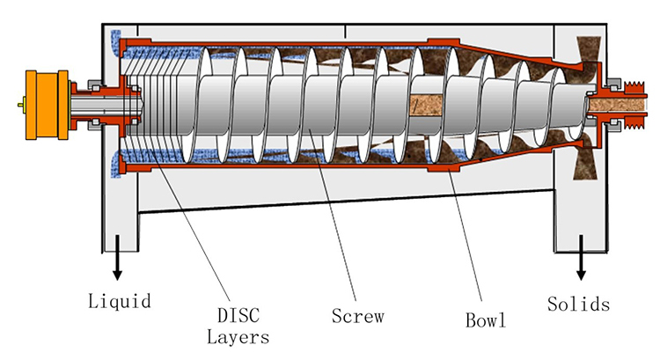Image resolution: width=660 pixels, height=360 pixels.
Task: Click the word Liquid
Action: [x=120, y=302]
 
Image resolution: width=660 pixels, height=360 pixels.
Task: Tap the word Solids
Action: [x=577, y=305]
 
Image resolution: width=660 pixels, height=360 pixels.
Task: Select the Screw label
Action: [x=356, y=314]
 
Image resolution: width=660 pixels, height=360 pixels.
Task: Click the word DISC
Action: [x=238, y=314]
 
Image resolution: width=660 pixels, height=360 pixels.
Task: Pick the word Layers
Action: [x=238, y=335]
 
